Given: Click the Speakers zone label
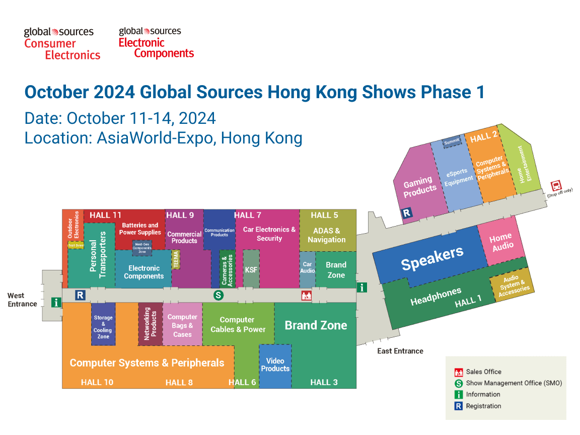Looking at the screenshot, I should tap(431, 258).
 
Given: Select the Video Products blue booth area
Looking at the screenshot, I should tap(275, 365).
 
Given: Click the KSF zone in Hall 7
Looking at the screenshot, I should tap(251, 269).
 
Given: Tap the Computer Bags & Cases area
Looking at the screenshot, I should tap(182, 325).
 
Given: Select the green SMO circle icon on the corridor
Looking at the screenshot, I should tap(218, 295).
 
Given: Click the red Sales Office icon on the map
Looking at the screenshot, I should tap(306, 296).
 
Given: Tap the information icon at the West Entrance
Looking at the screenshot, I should tap(56, 303).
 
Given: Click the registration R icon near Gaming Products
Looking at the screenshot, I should tap(407, 213).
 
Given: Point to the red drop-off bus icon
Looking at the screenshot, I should tap(555, 185).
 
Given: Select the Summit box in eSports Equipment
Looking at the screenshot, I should tap(451, 142).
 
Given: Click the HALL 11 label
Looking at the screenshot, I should tap(105, 215).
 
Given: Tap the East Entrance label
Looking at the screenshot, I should tap(400, 351).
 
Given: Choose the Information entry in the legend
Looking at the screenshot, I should tap(483, 394).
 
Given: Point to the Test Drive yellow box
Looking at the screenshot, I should tap(76, 245).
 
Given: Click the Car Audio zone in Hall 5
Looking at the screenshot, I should tap(307, 267).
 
